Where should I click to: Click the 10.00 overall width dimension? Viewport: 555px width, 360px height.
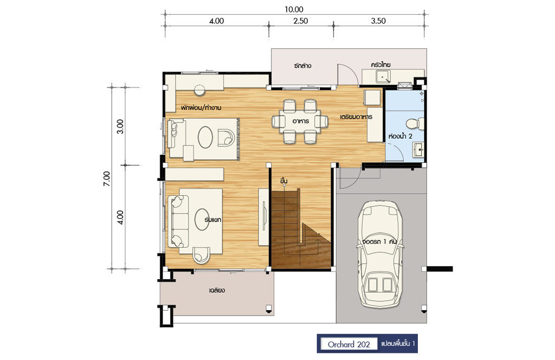coord(294,10)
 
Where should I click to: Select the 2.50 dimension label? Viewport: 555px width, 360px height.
coord(300,21)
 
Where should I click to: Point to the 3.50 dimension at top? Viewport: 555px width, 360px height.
coord(378,21)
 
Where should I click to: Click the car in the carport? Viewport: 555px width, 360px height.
coord(380,254)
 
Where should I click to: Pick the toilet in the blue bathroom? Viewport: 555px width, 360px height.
coord(415,124)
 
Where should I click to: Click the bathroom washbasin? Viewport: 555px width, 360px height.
coord(418,150)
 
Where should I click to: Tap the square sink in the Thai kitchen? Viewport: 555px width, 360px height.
coord(383,76)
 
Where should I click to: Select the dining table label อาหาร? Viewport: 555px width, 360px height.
coord(300,121)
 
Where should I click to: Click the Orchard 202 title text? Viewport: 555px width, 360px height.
coord(349,344)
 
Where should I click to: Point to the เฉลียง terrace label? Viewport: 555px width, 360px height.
coord(217,290)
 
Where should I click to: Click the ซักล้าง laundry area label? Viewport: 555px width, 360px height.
coord(302,66)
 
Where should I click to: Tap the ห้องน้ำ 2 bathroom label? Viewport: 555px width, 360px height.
coord(401,136)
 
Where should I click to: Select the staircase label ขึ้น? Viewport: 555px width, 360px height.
coord(283,181)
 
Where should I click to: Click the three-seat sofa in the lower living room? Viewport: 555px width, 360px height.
coord(178,221)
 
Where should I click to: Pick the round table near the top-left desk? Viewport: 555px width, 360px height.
coord(199,90)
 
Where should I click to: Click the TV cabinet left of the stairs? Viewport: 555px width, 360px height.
coord(263,217)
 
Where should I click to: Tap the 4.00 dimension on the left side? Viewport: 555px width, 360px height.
coord(121,217)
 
